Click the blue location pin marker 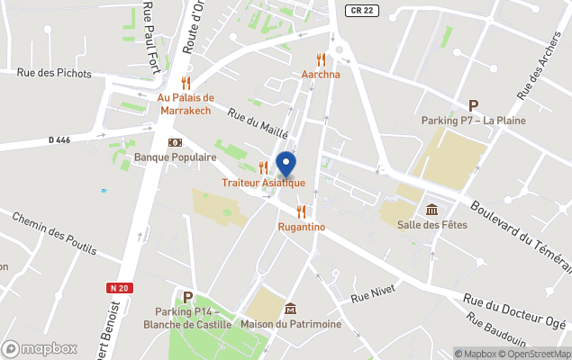pos(286,165)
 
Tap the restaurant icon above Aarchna pos(320,59)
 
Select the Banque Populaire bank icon pos(175,142)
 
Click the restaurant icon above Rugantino pos(301,211)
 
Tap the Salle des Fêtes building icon pos(431,210)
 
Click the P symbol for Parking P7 pos(473,106)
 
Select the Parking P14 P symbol pos(187,297)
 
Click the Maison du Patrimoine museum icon pos(290,309)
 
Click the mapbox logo pos(40,348)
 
